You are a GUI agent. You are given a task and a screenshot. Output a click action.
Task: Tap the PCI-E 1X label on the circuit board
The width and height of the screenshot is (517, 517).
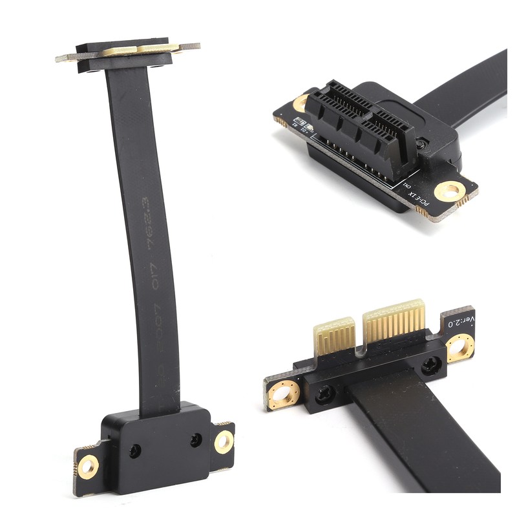(420, 196)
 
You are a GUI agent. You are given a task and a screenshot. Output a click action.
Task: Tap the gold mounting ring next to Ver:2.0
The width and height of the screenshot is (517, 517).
(460, 348)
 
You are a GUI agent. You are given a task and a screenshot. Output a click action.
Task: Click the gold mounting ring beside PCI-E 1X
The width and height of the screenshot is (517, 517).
(450, 189)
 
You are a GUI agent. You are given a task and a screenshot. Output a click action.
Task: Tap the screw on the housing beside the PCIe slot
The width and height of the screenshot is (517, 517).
(421, 144)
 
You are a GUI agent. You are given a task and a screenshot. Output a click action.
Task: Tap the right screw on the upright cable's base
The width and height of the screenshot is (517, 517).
(195, 439)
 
